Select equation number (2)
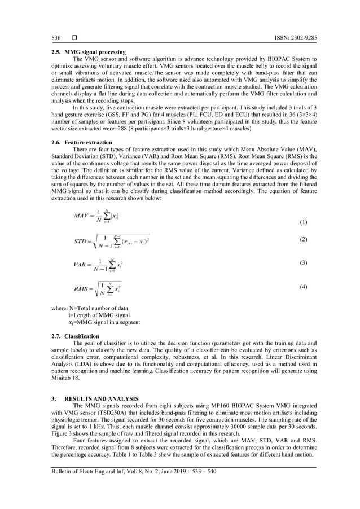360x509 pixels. click(304, 239)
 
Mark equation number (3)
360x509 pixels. click(304, 263)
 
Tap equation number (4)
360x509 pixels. click(304, 287)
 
